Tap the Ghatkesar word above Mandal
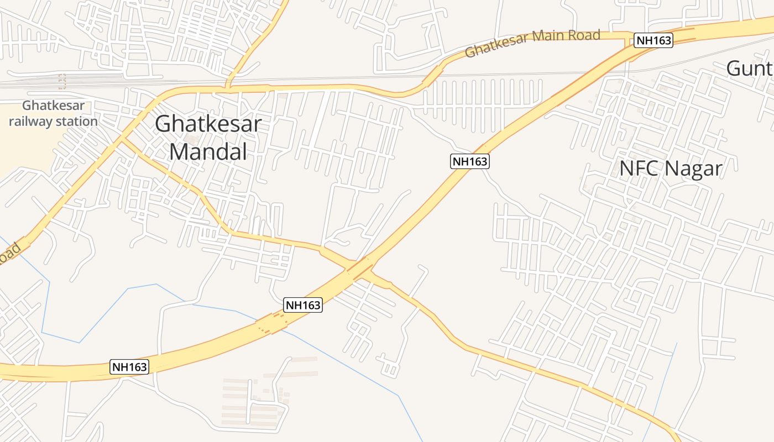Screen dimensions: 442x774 [208, 124]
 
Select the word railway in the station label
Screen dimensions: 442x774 [32, 122]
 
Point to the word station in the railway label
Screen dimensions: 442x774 [76, 122]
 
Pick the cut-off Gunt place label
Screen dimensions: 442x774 [749, 69]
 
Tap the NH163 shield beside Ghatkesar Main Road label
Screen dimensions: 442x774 [653, 40]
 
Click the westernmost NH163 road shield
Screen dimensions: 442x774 [130, 367]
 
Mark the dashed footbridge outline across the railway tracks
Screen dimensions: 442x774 [62, 82]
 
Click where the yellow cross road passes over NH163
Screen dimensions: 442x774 [358, 267]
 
